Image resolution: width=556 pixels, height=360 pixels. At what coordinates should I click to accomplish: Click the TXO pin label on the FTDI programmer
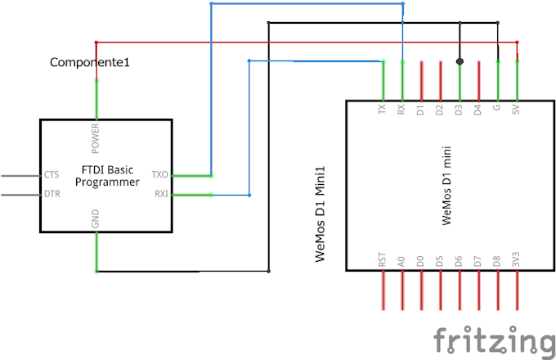pos(159,174)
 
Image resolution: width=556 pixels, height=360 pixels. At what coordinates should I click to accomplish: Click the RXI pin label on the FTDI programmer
pos(160,194)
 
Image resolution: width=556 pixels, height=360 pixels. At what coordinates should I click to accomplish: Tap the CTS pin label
pos(52,174)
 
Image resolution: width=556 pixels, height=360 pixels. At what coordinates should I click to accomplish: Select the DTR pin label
pos(52,194)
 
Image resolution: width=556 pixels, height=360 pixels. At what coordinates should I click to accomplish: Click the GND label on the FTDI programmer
pos(96,220)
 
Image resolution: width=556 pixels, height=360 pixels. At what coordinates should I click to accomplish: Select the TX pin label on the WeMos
pos(382,109)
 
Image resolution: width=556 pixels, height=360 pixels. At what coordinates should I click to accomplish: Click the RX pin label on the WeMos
pos(401,109)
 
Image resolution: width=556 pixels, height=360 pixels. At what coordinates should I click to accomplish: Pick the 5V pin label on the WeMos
pos(517,109)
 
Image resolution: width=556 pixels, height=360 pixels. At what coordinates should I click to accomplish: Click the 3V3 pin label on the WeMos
pos(517,263)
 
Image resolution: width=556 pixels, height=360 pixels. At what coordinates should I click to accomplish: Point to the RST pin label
pos(382,262)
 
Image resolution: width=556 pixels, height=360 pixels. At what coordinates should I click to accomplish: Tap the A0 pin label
pos(401,263)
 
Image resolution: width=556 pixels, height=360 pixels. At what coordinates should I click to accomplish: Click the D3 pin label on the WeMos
pos(460,109)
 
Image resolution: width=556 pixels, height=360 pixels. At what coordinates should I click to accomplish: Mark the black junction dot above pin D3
pos(460,61)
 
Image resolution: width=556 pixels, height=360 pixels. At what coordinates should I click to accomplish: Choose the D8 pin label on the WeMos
pos(497,263)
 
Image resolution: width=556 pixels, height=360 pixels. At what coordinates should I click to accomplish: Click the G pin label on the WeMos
pos(498,107)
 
